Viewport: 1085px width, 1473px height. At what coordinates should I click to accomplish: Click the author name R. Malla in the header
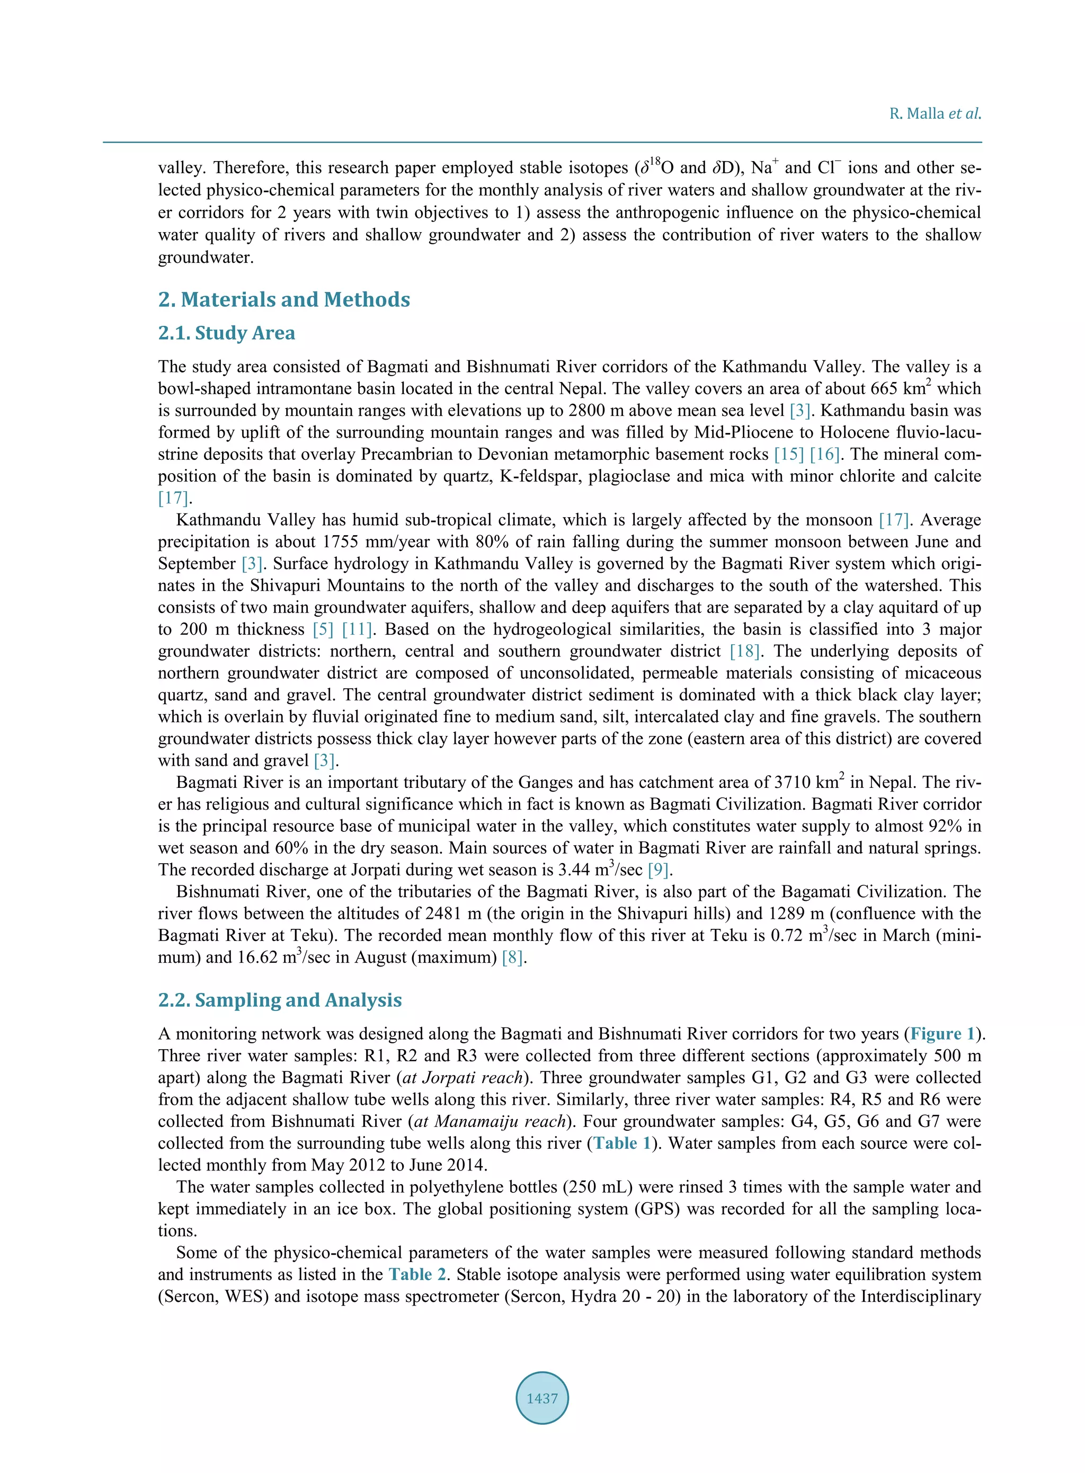[917, 113]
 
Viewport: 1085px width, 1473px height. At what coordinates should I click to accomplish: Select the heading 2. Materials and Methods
[284, 299]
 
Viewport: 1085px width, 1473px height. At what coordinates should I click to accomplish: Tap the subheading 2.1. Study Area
[227, 333]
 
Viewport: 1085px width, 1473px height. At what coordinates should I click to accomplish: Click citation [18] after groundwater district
[745, 651]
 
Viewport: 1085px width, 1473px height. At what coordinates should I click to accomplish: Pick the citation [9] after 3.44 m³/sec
[658, 870]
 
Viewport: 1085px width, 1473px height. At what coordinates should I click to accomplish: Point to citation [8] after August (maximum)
[512, 957]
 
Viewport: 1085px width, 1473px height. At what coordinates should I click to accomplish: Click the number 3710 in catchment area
[795, 783]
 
